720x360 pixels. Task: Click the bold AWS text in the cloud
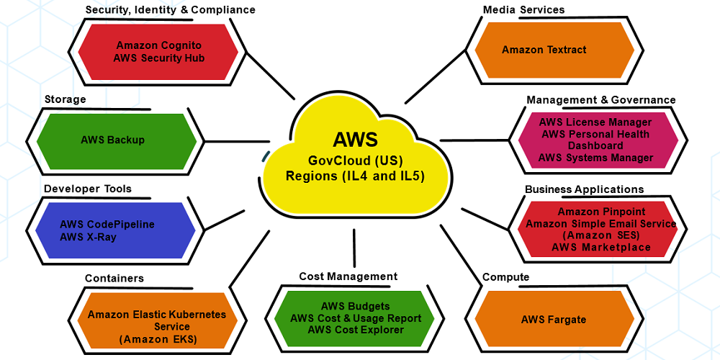point(355,139)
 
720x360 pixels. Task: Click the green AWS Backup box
point(112,140)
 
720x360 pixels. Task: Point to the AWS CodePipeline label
point(107,225)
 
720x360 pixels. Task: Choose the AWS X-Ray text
point(88,237)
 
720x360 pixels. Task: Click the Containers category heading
point(114,278)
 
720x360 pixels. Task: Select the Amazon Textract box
point(544,50)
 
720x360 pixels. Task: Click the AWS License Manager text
point(595,122)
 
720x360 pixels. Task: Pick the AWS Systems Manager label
point(595,158)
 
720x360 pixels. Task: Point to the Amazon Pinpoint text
point(601,212)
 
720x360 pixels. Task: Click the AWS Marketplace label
point(601,247)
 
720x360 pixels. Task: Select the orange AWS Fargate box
point(554,319)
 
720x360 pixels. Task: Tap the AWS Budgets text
point(355,306)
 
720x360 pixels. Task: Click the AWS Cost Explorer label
point(355,330)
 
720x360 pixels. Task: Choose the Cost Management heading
point(348,276)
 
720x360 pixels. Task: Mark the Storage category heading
point(65,99)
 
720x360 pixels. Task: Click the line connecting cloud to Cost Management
point(354,248)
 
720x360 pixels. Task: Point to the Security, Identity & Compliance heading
point(170,9)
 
